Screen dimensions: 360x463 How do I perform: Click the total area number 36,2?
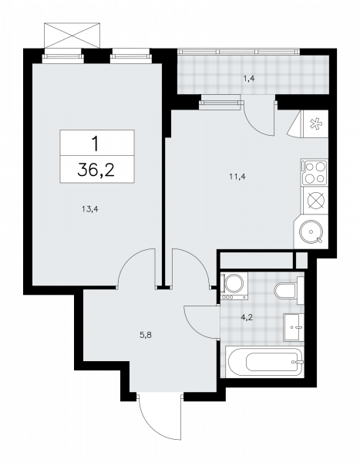point(96,170)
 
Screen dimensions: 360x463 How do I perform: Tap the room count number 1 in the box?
point(96,144)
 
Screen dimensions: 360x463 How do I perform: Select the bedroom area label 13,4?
point(90,209)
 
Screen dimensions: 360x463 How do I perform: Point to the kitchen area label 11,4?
point(237,177)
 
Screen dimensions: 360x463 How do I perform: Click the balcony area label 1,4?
point(249,79)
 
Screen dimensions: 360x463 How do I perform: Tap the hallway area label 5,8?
point(146,335)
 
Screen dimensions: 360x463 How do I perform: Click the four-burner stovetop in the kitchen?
point(315,172)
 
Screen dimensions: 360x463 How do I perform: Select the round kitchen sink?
point(311,232)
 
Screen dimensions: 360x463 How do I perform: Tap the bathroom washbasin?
point(294,327)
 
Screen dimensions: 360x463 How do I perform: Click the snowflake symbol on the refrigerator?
point(315,123)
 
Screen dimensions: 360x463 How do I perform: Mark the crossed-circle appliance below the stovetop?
point(316,201)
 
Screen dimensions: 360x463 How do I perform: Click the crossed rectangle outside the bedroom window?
point(72,35)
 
